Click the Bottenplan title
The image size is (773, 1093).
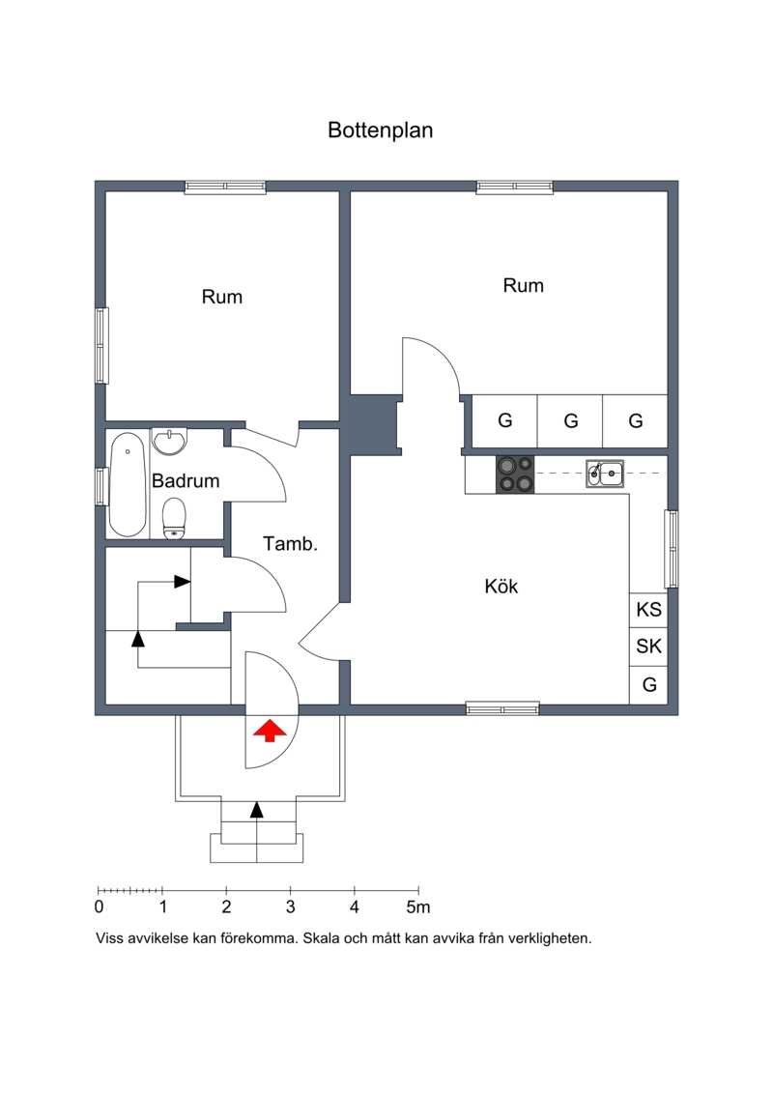pyautogui.click(x=381, y=131)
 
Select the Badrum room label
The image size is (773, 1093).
pyautogui.click(x=186, y=481)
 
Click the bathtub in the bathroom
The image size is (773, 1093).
pyautogui.click(x=128, y=485)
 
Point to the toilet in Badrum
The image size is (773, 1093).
pyautogui.click(x=174, y=519)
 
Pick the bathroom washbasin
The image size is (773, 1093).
pyautogui.click(x=170, y=442)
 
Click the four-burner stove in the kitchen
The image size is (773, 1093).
pyautogui.click(x=515, y=474)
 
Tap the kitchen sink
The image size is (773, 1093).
pyautogui.click(x=604, y=474)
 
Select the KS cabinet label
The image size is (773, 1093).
pyautogui.click(x=649, y=610)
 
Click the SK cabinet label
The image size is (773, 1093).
pyautogui.click(x=649, y=647)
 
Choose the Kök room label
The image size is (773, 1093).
pyautogui.click(x=501, y=587)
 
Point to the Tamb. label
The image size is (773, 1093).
pyautogui.click(x=290, y=544)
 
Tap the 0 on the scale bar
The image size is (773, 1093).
pyautogui.click(x=99, y=906)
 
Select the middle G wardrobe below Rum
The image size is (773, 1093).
pyautogui.click(x=571, y=421)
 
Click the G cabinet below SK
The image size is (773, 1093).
pyautogui.click(x=649, y=684)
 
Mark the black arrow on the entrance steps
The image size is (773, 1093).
pyautogui.click(x=257, y=809)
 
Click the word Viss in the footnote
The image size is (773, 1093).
pyautogui.click(x=110, y=938)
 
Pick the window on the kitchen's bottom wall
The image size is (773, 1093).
pyautogui.click(x=502, y=709)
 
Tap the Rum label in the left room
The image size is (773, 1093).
pyautogui.click(x=222, y=297)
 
